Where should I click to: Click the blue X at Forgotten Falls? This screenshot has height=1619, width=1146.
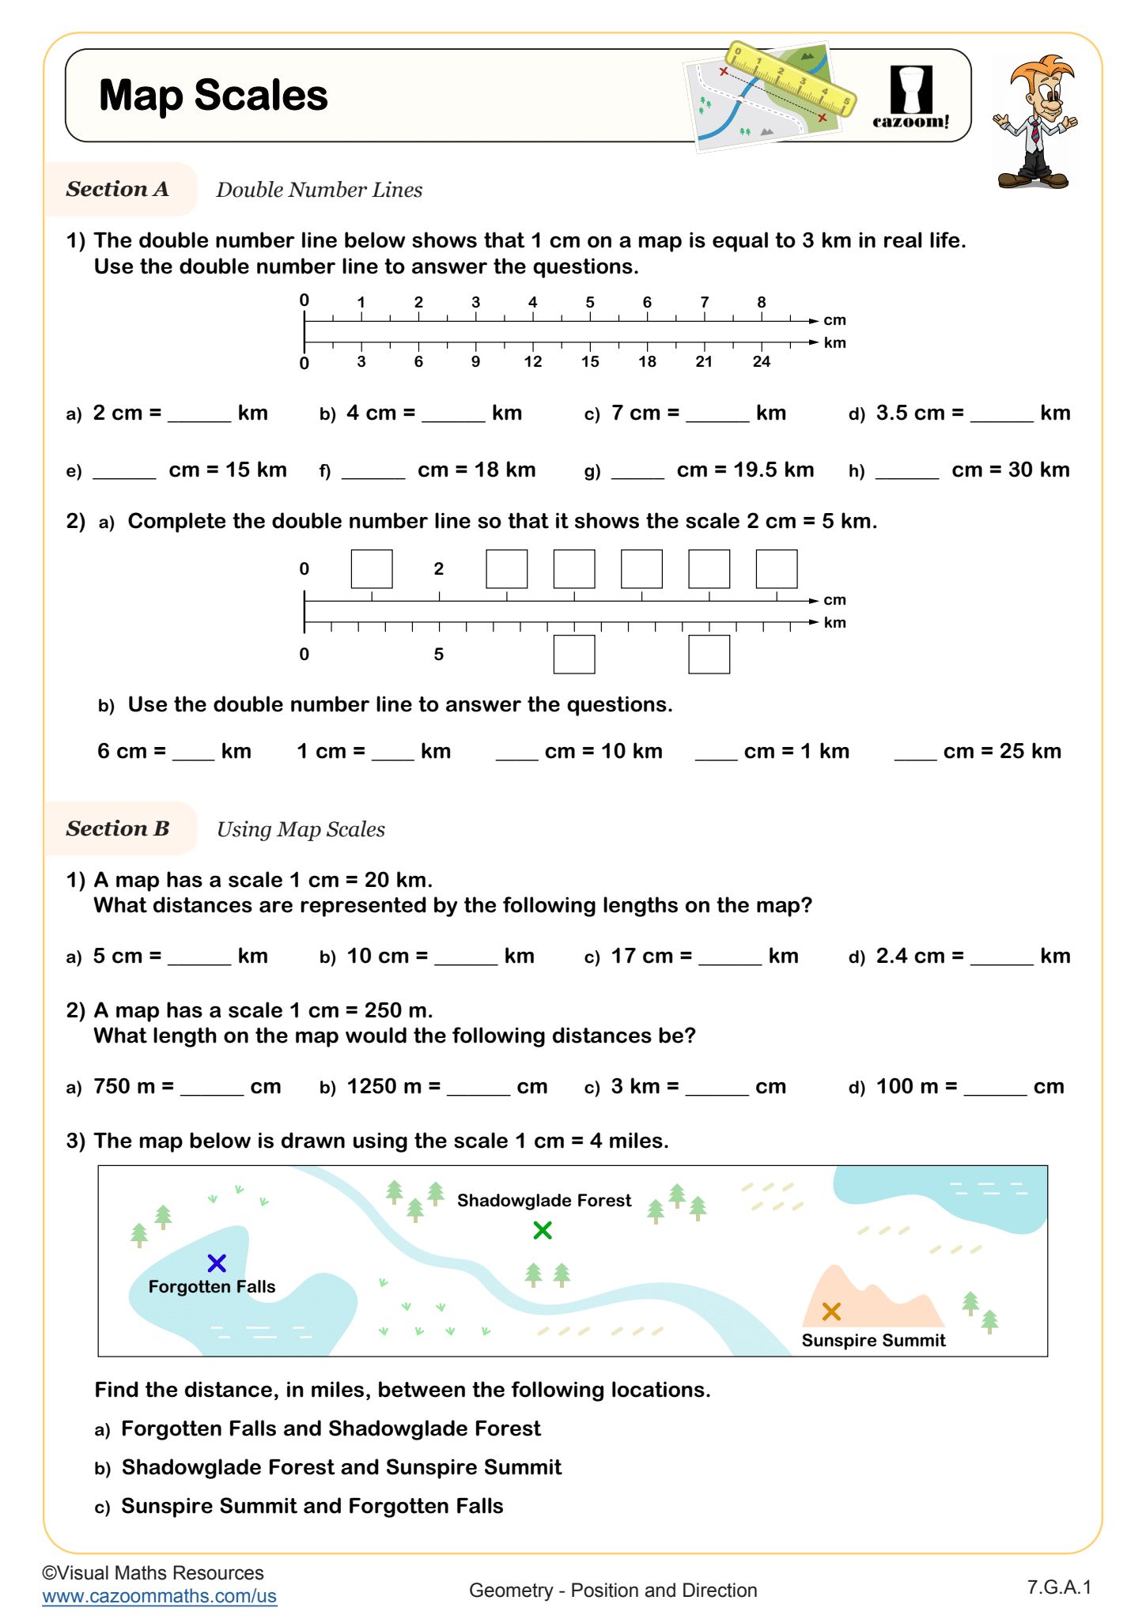pos(217,1262)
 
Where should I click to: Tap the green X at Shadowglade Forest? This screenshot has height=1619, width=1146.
pos(543,1230)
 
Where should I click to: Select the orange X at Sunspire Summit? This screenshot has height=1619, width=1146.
pos(831,1311)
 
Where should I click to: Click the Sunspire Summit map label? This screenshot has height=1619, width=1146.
pos(873,1340)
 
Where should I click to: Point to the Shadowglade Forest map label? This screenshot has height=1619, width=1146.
pos(544,1200)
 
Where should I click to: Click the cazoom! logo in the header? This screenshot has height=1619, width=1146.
pos(911,97)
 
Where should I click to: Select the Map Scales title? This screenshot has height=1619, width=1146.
pos(214,96)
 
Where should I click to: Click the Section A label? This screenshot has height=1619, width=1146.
pos(117,189)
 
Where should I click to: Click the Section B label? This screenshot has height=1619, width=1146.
pos(118,828)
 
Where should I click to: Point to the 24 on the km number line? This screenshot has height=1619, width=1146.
pos(761,361)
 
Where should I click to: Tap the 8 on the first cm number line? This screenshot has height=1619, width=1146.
pos(761,302)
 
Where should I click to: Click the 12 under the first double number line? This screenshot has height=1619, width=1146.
pos(532,361)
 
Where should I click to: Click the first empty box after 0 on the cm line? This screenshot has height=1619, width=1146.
pos(372,569)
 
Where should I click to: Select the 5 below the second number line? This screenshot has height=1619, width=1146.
pos(438,654)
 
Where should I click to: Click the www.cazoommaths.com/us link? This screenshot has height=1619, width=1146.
pos(160,1596)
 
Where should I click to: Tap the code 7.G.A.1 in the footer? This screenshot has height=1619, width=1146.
pos(1059,1587)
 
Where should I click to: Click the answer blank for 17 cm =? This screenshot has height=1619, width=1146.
pos(729,958)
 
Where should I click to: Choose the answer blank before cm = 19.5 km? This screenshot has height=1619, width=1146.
pos(637,472)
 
